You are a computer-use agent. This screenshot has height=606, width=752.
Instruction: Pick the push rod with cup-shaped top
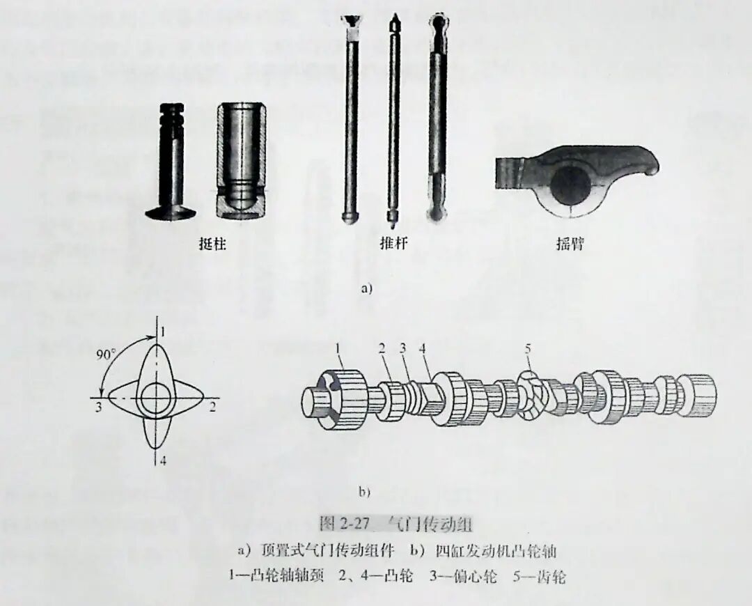pos(352,118)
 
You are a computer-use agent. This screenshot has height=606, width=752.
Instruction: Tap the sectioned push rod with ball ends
pos(437,118)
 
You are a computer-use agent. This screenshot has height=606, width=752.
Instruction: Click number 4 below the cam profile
pos(161,460)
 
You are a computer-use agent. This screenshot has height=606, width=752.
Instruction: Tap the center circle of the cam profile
pos(156,399)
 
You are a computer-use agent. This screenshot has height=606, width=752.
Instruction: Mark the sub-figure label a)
pos(366,288)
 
